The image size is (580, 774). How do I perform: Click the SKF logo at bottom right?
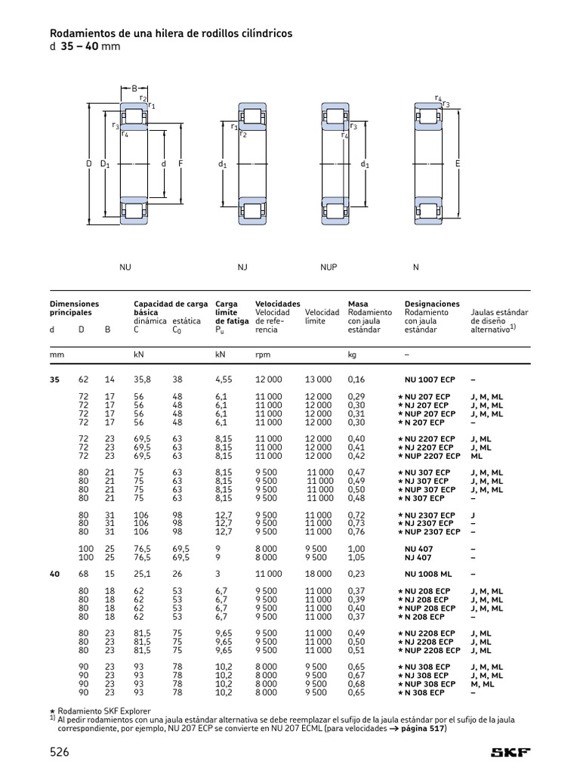[x=511, y=752]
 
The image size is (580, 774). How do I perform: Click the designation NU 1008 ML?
[x=428, y=574]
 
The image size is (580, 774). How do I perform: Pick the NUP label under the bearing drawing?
[x=329, y=267]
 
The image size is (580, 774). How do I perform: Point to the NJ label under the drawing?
[x=242, y=267]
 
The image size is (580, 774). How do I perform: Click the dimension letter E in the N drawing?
[x=457, y=163]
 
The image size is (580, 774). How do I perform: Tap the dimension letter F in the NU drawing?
[x=180, y=163]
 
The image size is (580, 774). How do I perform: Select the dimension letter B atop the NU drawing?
[x=134, y=89]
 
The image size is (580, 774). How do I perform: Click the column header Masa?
[x=358, y=304]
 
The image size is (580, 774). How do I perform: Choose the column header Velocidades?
[x=278, y=304]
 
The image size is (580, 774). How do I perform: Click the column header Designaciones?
[x=432, y=304]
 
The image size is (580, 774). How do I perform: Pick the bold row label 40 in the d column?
[x=54, y=574]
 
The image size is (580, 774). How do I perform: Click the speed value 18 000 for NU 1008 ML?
[x=318, y=574]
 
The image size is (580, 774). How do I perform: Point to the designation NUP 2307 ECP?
[x=432, y=531]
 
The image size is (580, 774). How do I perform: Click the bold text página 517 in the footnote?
[x=423, y=729]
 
